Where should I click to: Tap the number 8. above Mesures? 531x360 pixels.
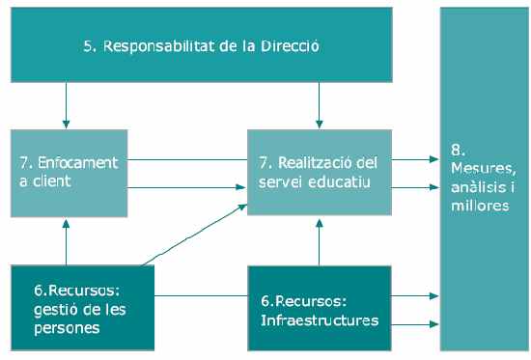459,152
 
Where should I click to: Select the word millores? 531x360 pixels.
480,205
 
